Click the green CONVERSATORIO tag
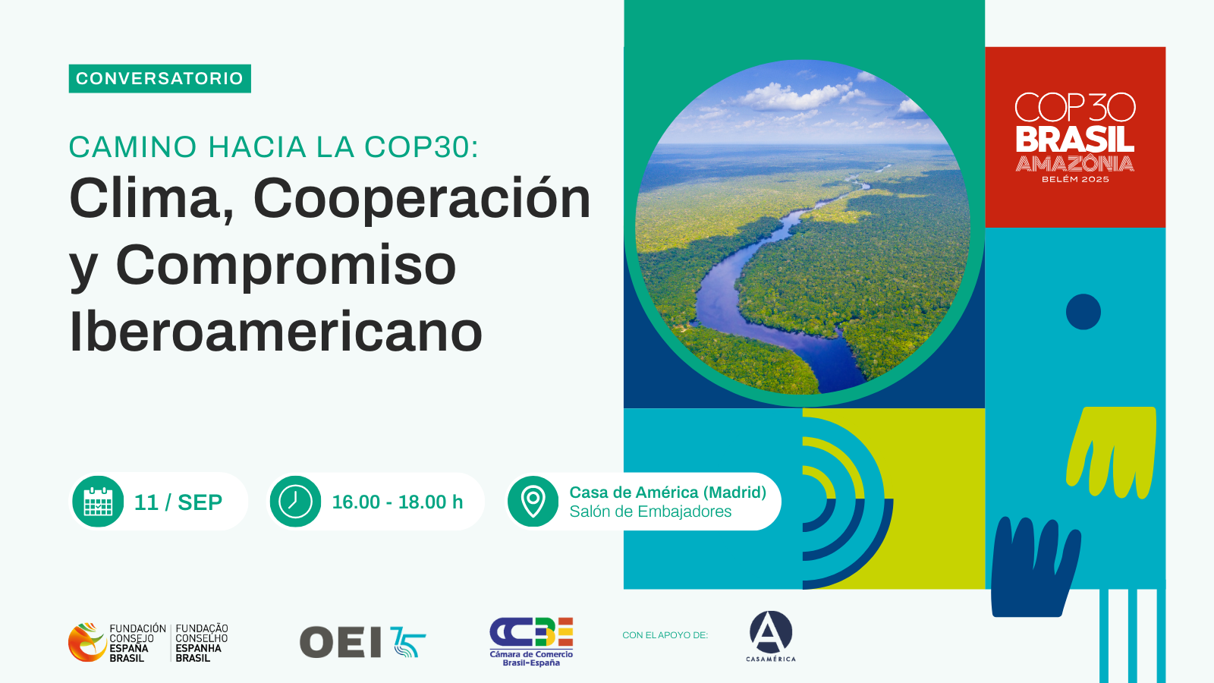coord(159,79)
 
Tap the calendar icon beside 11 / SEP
coord(98,502)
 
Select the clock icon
coord(295,502)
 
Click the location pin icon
coord(533,502)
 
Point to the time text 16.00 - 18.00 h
coord(397,502)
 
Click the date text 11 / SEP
coord(178,502)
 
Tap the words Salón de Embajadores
coord(650,512)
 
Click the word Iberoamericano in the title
coord(275,332)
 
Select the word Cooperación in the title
coord(422,199)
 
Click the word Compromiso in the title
coord(285,266)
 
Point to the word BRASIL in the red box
coord(1074,140)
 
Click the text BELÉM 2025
coord(1075,180)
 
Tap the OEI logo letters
coord(341,643)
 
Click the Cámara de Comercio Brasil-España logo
coord(531,641)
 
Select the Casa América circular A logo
coord(771,632)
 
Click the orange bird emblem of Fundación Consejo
coord(86,642)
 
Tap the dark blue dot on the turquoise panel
coord(1083,312)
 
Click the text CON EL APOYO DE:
coord(665,635)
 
